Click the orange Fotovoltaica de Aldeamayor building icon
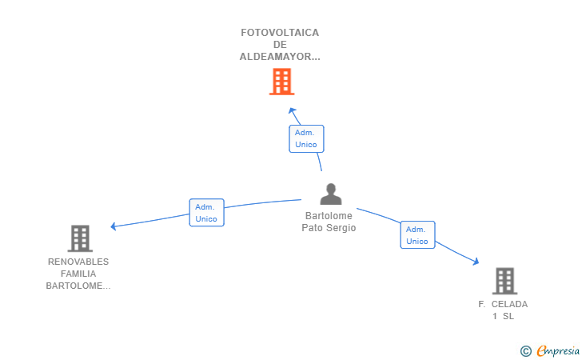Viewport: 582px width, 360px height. pos(281,82)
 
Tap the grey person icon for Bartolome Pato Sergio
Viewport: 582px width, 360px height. pos(330,194)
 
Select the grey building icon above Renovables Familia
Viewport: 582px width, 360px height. pos(79,238)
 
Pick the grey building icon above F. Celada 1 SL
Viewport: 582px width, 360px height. pos(504,281)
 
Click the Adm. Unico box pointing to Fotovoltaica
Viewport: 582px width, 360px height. pos(305,138)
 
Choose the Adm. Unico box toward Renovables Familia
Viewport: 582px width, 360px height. pos(206,213)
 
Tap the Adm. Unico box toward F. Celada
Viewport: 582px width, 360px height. pos(417,235)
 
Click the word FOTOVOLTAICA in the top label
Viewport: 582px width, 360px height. pos(280,33)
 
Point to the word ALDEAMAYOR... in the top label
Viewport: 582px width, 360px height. pos(280,57)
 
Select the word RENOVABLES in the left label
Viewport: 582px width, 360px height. pos(78,262)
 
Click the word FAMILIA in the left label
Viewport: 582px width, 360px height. pos(78,274)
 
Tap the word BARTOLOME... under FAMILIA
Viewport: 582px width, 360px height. pos(78,286)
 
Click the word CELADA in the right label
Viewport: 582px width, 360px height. pos(509,304)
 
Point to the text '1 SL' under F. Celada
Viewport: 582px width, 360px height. pos(503,316)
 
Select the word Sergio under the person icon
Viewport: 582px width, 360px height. pos(341,228)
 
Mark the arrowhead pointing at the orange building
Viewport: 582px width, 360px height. pos(293,110)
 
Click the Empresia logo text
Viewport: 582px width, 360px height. pos(557,350)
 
